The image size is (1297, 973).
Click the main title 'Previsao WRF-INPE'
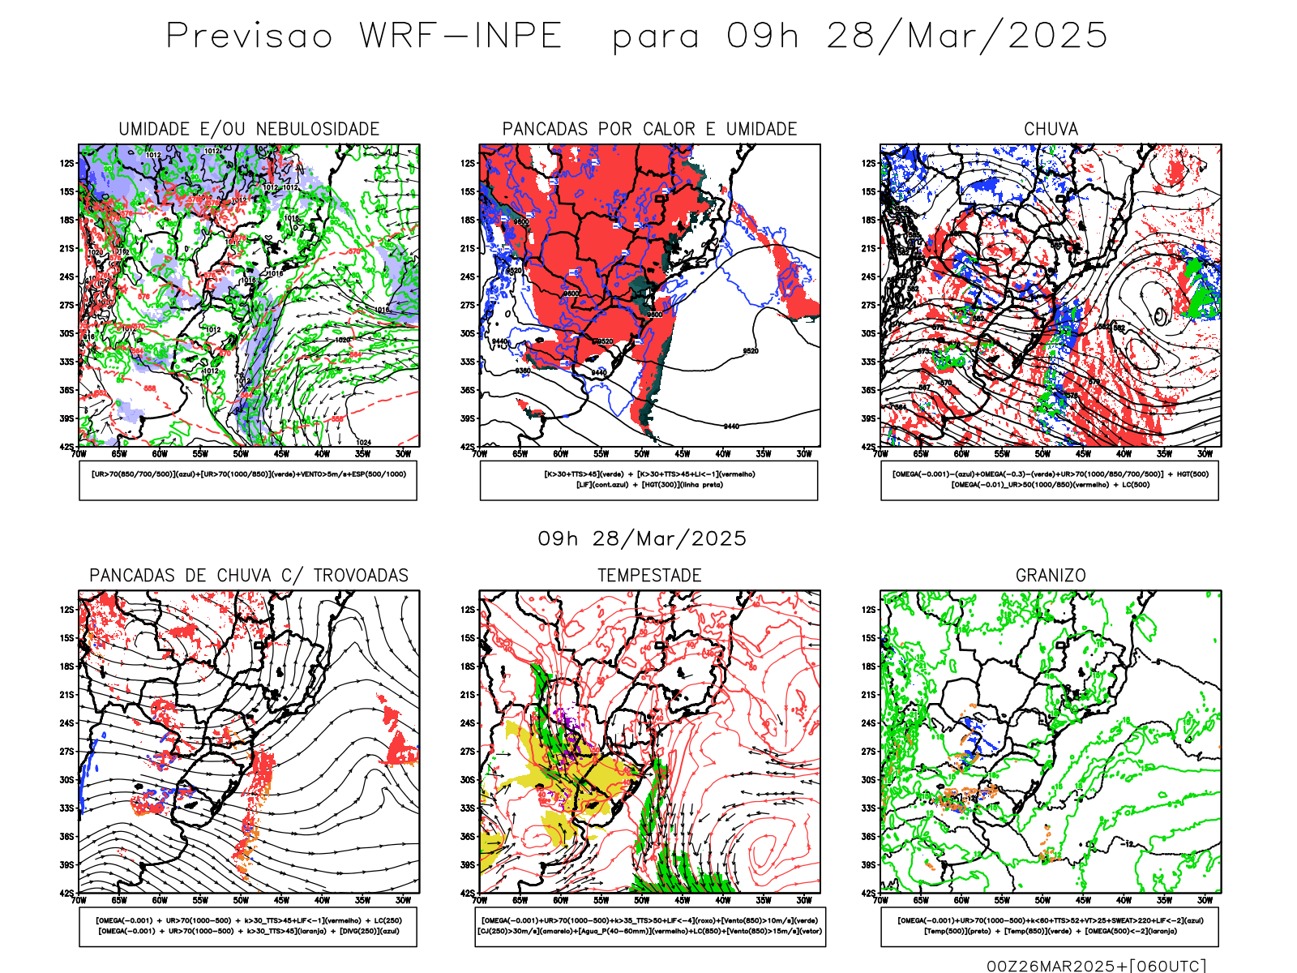(364, 36)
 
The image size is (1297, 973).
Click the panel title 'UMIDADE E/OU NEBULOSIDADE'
(249, 129)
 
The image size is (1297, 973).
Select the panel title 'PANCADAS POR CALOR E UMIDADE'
(649, 129)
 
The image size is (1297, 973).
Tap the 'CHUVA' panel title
(1051, 129)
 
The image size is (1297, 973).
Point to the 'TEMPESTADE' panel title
(649, 576)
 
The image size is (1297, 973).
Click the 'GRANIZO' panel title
(1051, 576)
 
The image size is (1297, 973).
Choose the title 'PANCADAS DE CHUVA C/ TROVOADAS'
(249, 576)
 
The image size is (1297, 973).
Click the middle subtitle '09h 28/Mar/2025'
(642, 539)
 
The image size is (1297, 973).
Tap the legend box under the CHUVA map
(1050, 480)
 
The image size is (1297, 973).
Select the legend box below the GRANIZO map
(1050, 926)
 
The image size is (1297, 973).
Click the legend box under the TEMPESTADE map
(649, 926)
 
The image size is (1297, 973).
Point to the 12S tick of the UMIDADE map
(66, 163)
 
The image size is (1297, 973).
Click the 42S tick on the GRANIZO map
(868, 894)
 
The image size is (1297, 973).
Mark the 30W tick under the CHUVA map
(1205, 454)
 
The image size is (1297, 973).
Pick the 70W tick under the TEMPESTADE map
(480, 900)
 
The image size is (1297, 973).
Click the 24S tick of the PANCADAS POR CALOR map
(468, 276)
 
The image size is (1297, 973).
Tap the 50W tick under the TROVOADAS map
(241, 900)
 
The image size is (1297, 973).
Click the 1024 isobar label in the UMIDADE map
(363, 442)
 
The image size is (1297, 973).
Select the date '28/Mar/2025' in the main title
(966, 36)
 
